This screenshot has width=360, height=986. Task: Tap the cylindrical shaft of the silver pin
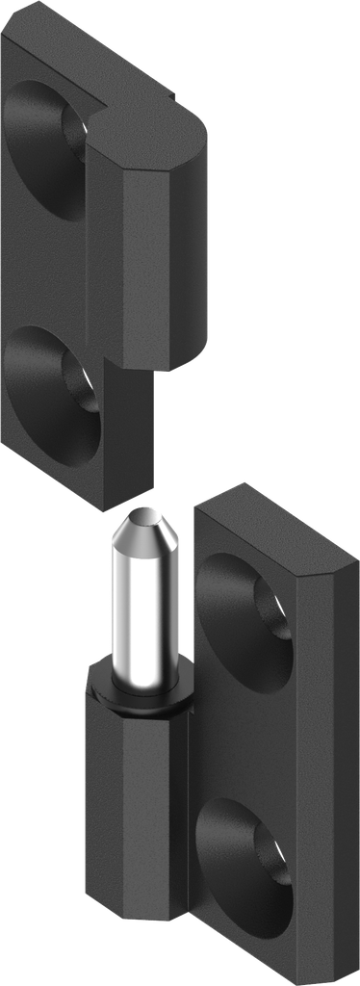144,607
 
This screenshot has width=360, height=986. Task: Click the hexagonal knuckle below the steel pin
125,799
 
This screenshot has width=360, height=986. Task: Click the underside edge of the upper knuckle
183,361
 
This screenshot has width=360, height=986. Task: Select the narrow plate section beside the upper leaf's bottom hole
130,424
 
